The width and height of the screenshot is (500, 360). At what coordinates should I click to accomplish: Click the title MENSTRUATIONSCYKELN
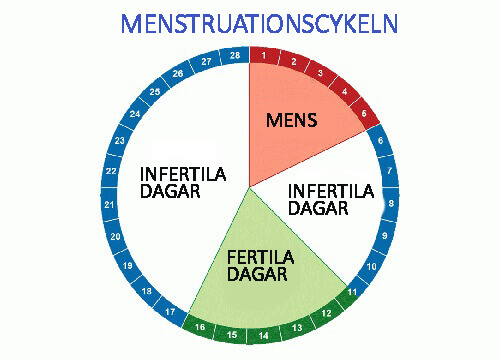pyautogui.click(x=250, y=22)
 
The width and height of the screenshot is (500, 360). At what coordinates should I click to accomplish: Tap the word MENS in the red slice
pyautogui.click(x=291, y=121)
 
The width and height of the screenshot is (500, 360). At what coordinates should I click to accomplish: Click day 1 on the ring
pyautogui.click(x=263, y=55)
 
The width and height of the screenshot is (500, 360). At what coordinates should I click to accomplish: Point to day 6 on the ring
pyautogui.click(x=380, y=141)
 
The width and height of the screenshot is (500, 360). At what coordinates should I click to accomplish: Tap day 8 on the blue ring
pyautogui.click(x=390, y=204)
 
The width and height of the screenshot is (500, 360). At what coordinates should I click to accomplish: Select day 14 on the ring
pyautogui.click(x=264, y=336)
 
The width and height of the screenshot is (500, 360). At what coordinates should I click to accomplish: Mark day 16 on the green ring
pyautogui.click(x=200, y=327)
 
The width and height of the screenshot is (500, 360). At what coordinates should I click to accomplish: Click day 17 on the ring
pyautogui.click(x=171, y=313)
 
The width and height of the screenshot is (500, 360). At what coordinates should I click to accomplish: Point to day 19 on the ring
pyautogui.click(x=127, y=266)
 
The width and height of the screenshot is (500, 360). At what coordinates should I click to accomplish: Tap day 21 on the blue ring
pyautogui.click(x=109, y=205)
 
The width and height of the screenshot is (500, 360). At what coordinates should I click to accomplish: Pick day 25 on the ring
pyautogui.click(x=154, y=92)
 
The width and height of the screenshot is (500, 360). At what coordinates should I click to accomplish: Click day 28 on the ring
pyautogui.click(x=236, y=55)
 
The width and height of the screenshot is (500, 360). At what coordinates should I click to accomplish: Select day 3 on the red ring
pyautogui.click(x=320, y=73)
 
